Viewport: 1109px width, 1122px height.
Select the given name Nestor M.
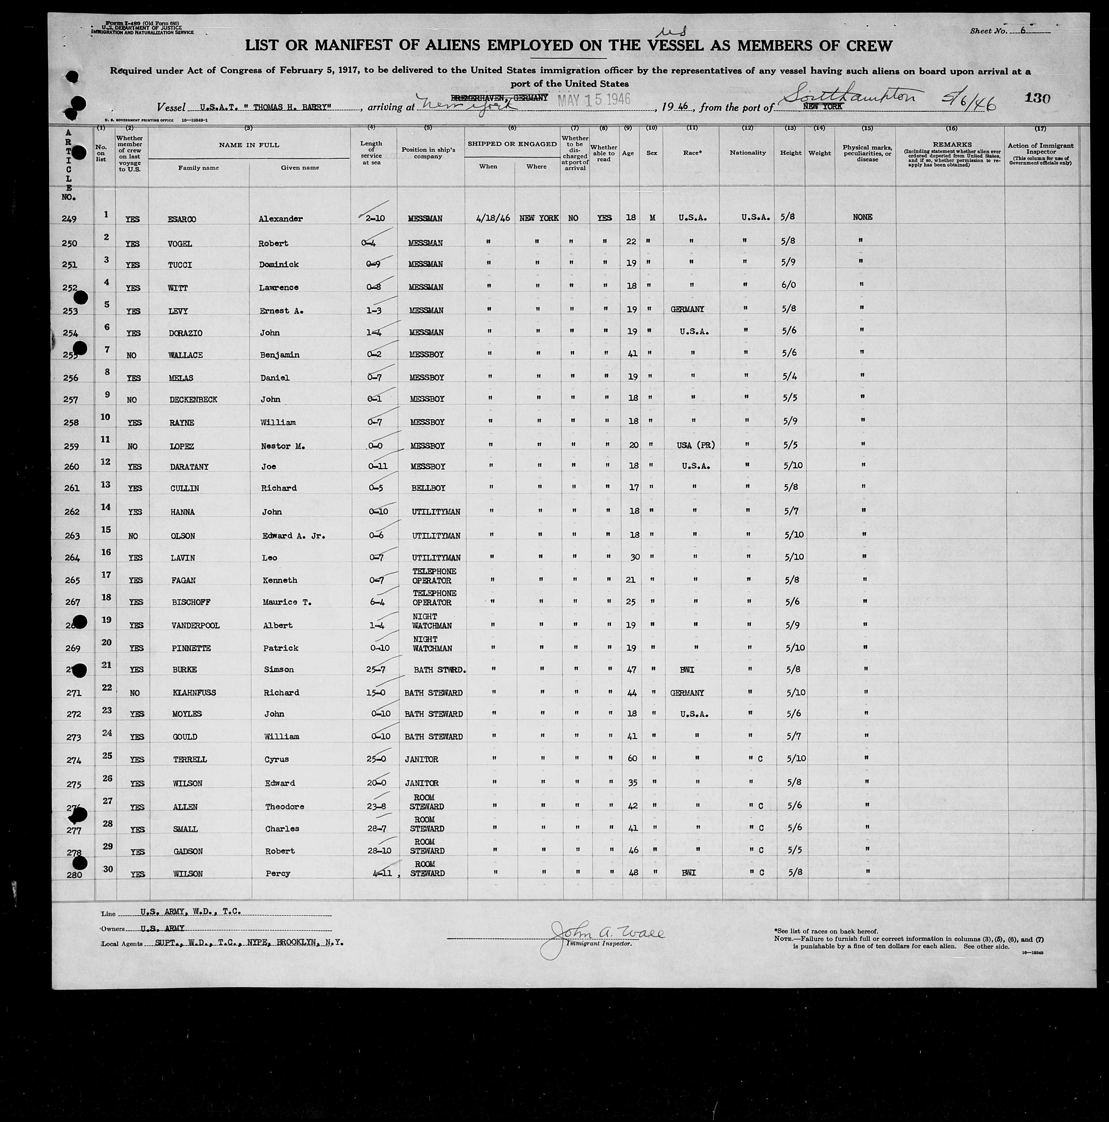click(282, 446)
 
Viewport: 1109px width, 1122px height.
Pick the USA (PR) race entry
click(695, 445)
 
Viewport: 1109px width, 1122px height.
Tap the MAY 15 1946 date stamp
click(594, 99)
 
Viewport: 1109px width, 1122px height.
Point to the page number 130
click(1037, 98)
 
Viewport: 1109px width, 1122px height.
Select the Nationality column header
click(747, 153)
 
